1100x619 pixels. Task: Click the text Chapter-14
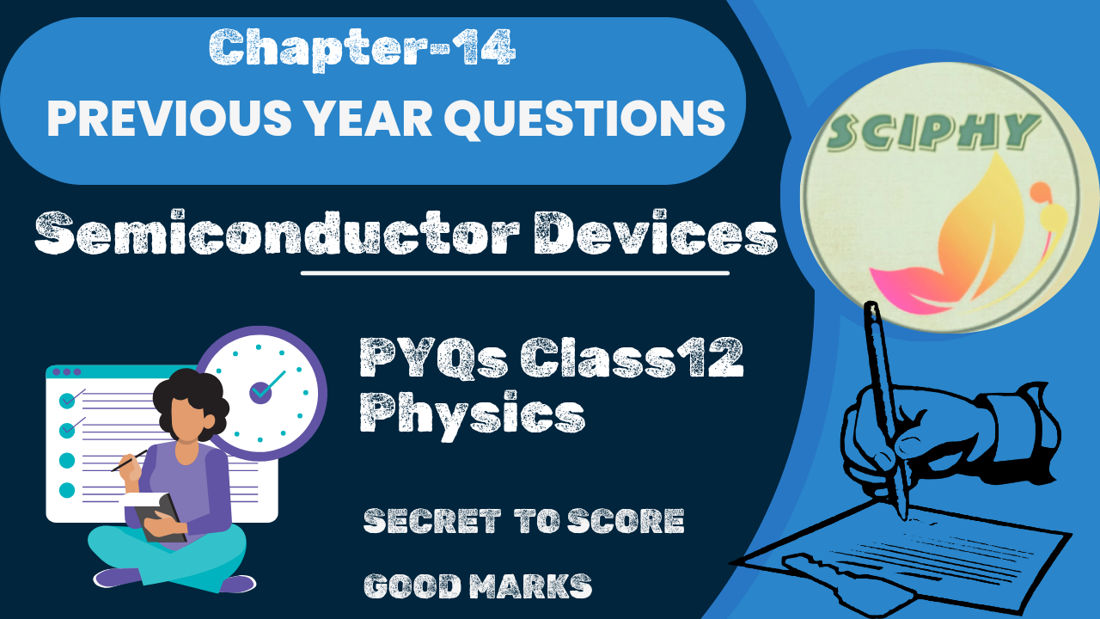[x=362, y=48]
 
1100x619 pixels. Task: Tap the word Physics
[x=472, y=414]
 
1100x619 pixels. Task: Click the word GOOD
[x=413, y=586]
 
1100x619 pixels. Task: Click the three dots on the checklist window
[x=67, y=372]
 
